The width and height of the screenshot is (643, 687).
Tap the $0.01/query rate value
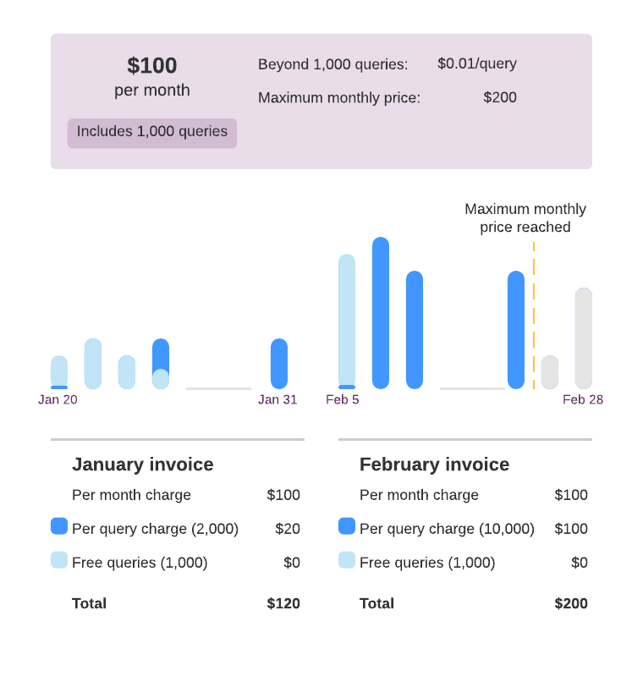476,63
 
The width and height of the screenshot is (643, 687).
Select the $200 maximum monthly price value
499,97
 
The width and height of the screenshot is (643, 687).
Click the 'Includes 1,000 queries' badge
152,131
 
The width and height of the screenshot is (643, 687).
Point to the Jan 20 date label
58,400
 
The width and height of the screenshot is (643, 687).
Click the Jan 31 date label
278,400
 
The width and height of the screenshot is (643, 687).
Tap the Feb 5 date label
343,400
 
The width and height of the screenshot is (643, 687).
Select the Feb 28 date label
583,400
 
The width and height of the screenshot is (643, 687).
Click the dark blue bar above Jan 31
278,364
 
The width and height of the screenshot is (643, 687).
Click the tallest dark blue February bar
380,313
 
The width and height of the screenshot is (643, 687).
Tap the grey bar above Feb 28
583,338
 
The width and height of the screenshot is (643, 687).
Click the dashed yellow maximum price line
534,322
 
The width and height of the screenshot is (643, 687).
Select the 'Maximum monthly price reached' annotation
525,218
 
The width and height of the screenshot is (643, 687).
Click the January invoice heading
142,464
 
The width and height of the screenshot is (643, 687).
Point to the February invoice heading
434,464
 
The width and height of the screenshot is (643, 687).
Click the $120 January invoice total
283,603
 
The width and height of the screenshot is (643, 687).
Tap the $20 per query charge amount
288,529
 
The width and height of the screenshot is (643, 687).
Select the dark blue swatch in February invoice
346,526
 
